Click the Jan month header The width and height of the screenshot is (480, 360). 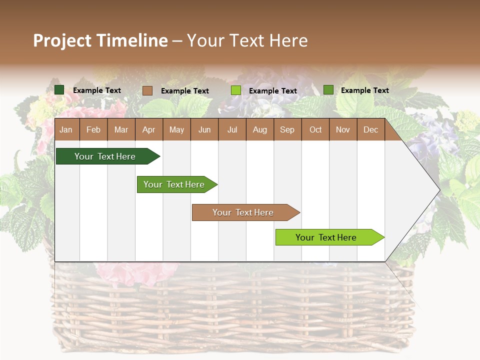tap(66, 129)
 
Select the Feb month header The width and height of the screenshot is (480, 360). tap(93, 129)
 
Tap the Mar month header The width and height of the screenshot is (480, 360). tap(121, 129)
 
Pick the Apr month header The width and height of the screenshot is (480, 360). tap(149, 129)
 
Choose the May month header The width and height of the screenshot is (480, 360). tap(176, 129)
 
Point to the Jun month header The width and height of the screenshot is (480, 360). tap(204, 129)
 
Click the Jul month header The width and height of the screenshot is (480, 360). tap(232, 129)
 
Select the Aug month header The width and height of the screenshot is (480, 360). tap(260, 129)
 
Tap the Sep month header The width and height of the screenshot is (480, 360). tap(287, 129)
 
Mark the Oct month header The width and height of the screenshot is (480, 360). tap(315, 129)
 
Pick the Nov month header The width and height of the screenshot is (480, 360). tap(343, 129)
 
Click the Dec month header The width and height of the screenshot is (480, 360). tap(371, 129)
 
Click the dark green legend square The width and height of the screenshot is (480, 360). tap(59, 90)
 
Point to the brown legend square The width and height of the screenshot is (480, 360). tap(147, 90)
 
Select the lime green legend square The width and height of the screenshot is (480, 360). tap(236, 90)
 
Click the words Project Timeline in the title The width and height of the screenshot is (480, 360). tap(100, 40)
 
